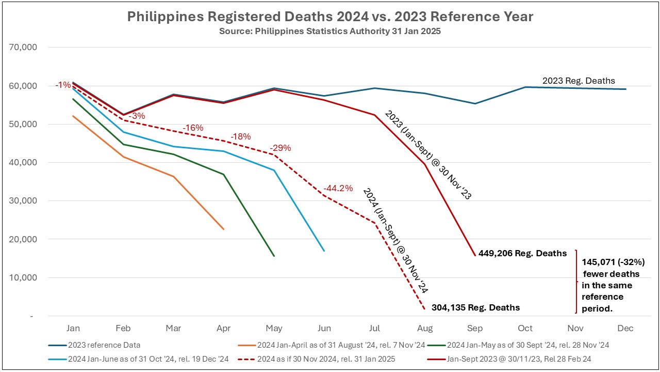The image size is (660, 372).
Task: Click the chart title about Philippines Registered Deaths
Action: pyautogui.click(x=330, y=17)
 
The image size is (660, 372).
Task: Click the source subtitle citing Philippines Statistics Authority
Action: pyautogui.click(x=330, y=31)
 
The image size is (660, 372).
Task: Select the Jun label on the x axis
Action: pyautogui.click(x=324, y=328)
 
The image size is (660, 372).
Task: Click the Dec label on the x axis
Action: pyautogui.click(x=625, y=328)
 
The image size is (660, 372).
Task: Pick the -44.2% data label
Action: pyautogui.click(x=338, y=188)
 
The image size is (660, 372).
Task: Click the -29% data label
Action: pyautogui.click(x=280, y=148)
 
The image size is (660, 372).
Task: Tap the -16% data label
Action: pyautogui.click(x=193, y=128)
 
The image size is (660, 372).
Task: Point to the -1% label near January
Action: pyautogui.click(x=63, y=85)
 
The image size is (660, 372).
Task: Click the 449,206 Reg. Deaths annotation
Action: pyautogui.click(x=522, y=253)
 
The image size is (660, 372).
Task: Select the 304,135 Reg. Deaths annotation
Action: pyautogui.click(x=475, y=307)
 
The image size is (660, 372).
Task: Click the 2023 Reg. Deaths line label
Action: pyautogui.click(x=579, y=81)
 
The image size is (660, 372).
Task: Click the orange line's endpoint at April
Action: pyautogui.click(x=223, y=229)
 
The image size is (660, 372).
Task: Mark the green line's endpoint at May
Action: pyautogui.click(x=274, y=256)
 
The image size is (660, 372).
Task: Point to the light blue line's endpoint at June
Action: pyautogui.click(x=324, y=251)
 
